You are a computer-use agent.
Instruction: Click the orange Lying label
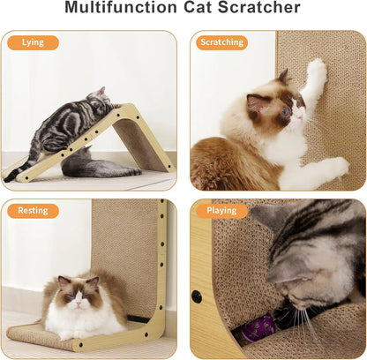coord(33,42)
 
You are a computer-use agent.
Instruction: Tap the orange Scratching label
coord(221,42)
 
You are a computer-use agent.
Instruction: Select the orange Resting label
coord(33,211)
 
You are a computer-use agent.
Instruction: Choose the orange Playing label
coord(221,211)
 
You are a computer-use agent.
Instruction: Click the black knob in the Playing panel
coord(198,296)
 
